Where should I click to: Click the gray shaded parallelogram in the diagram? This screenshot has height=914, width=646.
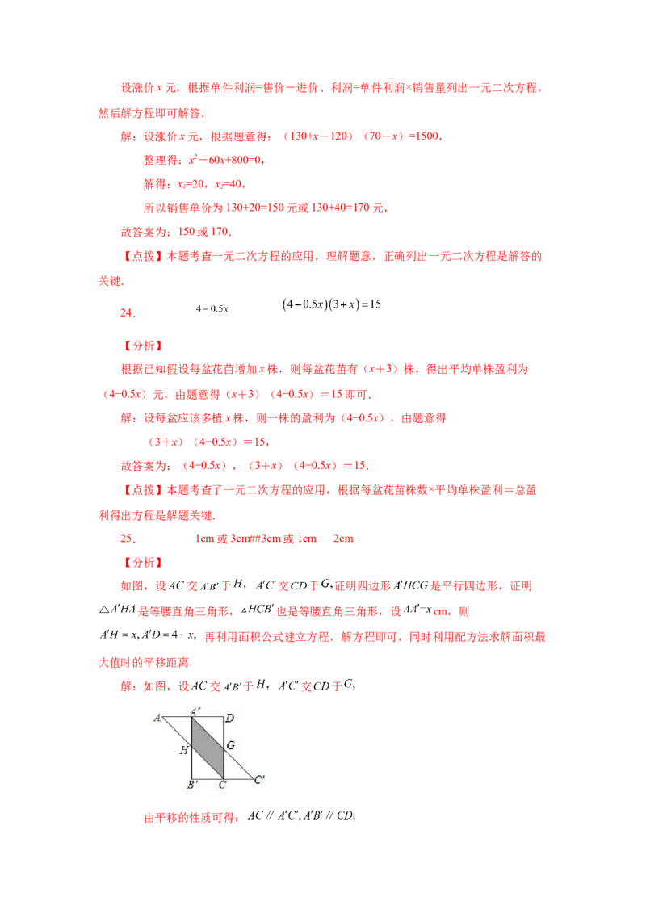[x=208, y=748]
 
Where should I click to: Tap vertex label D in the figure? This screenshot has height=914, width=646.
[x=230, y=718]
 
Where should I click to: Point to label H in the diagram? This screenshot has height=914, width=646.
[x=183, y=750]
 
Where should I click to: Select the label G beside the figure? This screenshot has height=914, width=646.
[x=231, y=745]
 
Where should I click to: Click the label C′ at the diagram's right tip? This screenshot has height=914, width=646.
[x=260, y=779]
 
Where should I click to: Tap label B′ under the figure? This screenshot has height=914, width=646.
[x=193, y=785]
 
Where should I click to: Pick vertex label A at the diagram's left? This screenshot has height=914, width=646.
[x=157, y=718]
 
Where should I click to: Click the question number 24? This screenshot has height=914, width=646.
[x=128, y=313]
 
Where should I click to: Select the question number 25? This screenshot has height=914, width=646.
[x=128, y=539]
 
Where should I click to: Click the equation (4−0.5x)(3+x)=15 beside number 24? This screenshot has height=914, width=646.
[x=331, y=304]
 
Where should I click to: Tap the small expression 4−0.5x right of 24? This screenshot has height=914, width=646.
[x=212, y=308]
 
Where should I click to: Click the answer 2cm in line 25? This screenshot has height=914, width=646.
[x=343, y=539]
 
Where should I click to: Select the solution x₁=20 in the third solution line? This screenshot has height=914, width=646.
[x=191, y=184]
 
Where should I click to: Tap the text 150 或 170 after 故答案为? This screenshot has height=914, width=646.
[x=203, y=232]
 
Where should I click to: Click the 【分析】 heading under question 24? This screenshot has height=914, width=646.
[x=142, y=346]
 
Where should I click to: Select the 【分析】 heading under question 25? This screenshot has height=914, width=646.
[x=142, y=563]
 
